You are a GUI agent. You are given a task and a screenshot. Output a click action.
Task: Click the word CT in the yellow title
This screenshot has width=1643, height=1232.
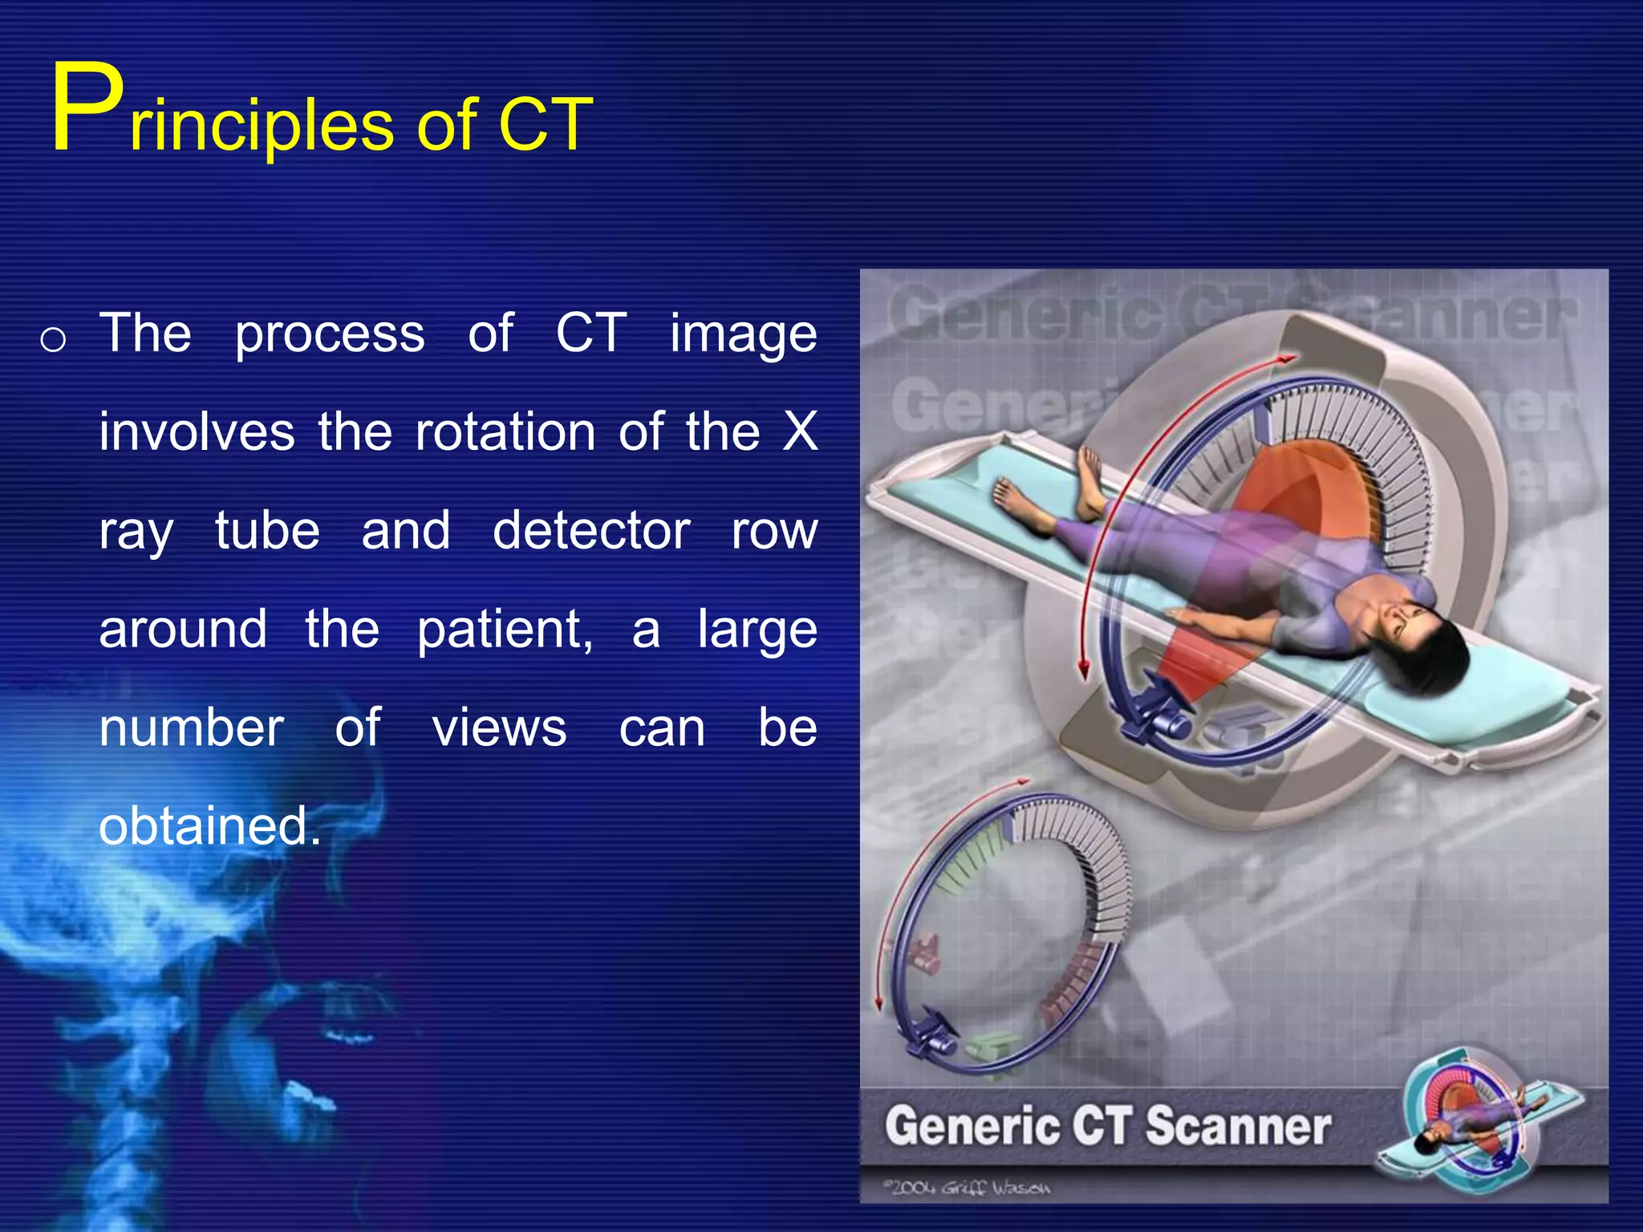(x=545, y=126)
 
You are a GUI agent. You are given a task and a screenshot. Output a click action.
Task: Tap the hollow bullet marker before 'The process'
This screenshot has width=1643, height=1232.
(x=53, y=340)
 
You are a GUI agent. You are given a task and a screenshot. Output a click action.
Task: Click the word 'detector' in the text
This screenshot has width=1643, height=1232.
(x=591, y=531)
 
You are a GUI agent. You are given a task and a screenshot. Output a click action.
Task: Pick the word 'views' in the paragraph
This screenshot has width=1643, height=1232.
(x=499, y=728)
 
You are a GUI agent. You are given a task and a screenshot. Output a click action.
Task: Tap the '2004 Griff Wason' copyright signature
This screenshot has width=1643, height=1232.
(x=967, y=1188)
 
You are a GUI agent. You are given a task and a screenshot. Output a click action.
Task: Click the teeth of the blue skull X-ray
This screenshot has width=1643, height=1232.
(x=321, y=1043)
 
